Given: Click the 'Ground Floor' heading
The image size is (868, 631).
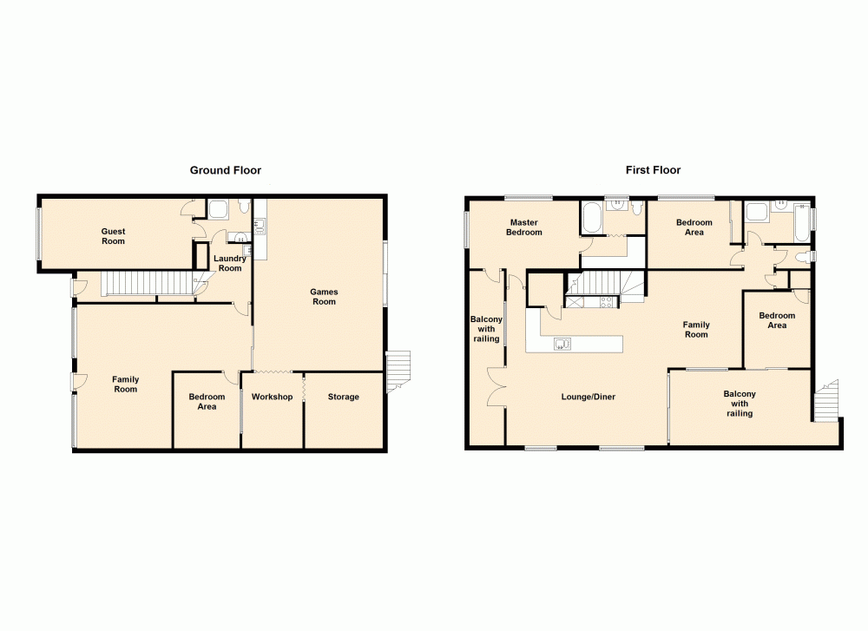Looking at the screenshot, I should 226,171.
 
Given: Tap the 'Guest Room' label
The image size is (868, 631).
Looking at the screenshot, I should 114,236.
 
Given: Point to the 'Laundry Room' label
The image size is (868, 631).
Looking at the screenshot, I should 230,263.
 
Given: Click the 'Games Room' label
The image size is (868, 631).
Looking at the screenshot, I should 324,297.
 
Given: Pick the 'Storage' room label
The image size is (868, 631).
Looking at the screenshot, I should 343,398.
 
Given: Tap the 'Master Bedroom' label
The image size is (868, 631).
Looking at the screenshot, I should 525,227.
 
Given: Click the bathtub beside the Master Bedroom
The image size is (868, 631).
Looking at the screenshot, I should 592,218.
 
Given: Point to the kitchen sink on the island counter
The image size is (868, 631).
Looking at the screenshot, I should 562,344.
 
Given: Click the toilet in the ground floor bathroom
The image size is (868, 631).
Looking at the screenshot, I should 244,207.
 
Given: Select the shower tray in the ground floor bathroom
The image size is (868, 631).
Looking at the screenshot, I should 218,208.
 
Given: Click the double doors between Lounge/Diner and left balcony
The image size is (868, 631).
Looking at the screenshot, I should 496,387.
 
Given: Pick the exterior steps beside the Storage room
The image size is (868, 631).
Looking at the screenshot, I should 398,371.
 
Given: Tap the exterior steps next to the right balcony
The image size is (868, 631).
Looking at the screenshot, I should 828,399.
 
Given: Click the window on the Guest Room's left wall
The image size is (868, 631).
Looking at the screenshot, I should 39,233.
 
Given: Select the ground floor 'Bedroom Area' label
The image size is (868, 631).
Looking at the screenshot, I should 207,402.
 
